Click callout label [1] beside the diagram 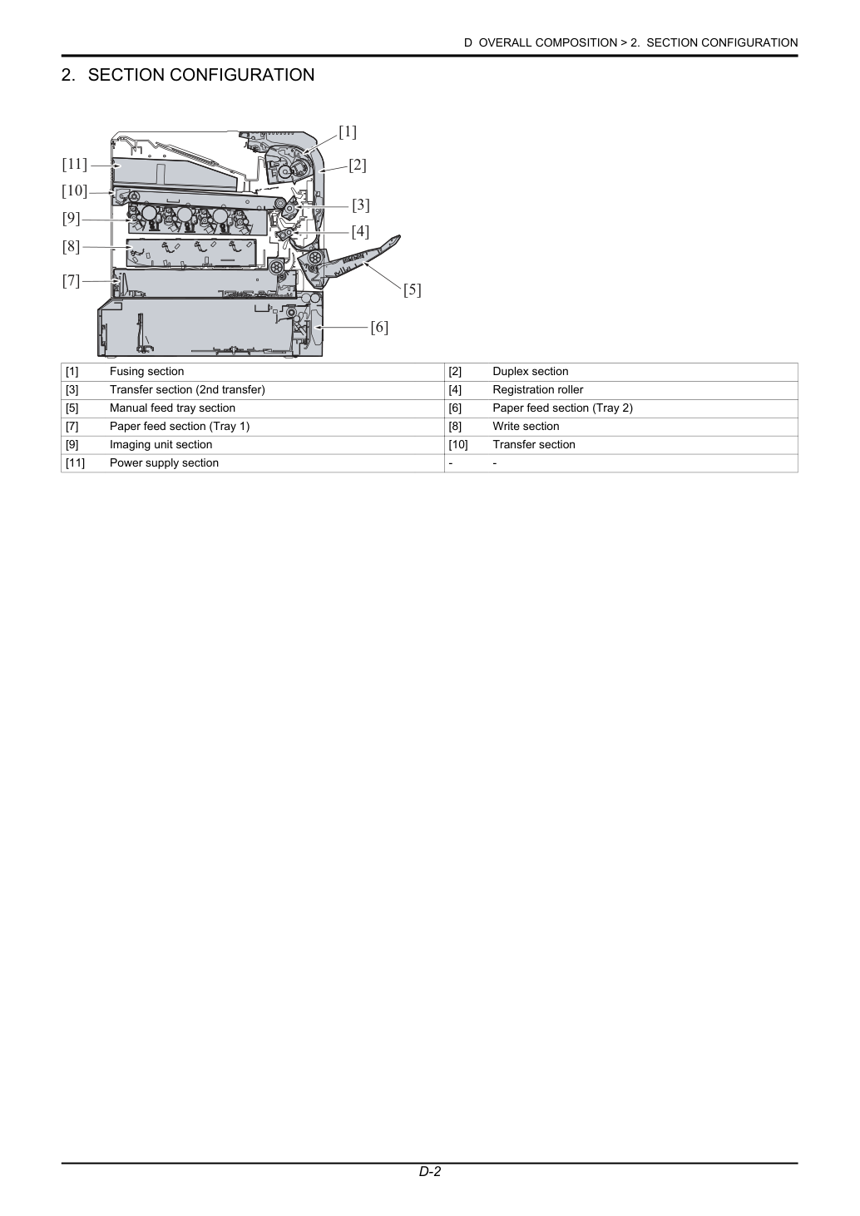click(348, 132)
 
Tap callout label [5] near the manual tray click(412, 290)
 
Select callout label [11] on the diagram click(74, 164)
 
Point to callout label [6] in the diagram click(379, 328)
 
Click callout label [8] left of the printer click(71, 247)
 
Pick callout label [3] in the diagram click(360, 205)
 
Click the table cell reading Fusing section click(146, 372)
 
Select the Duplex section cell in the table click(531, 372)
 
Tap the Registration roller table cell click(537, 390)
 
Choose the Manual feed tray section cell click(172, 408)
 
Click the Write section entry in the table click(526, 427)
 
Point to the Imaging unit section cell click(161, 445)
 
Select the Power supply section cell click(164, 463)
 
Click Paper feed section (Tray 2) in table click(562, 408)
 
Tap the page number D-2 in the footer click(429, 1187)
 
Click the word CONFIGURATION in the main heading click(241, 75)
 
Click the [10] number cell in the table click(457, 445)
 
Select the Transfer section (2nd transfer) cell click(187, 390)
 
